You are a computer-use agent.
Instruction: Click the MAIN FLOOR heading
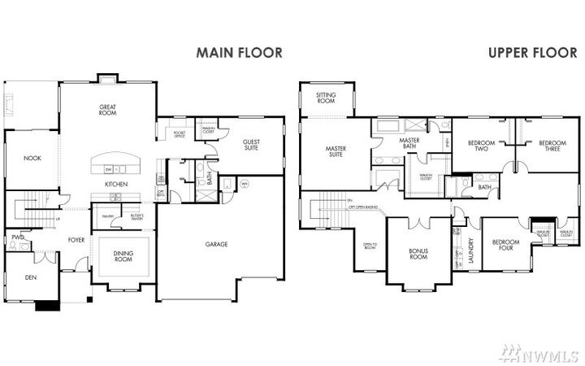coord(239,53)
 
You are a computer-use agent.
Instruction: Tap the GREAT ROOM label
coord(108,110)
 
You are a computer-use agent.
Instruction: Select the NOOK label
coord(32,159)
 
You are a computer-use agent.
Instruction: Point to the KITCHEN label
coord(117,185)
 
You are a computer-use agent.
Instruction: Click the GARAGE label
coord(215,243)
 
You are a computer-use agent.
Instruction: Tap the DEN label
coord(30,277)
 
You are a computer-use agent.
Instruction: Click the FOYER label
coord(76,240)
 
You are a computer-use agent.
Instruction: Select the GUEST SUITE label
coord(252,145)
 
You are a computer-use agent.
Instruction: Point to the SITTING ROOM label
coord(326,98)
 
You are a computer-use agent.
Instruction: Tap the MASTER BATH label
coord(408,143)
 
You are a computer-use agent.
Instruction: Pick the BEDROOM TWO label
coord(481,146)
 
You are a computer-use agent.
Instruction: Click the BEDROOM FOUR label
coord(505,246)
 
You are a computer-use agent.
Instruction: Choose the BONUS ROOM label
coord(418,253)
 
